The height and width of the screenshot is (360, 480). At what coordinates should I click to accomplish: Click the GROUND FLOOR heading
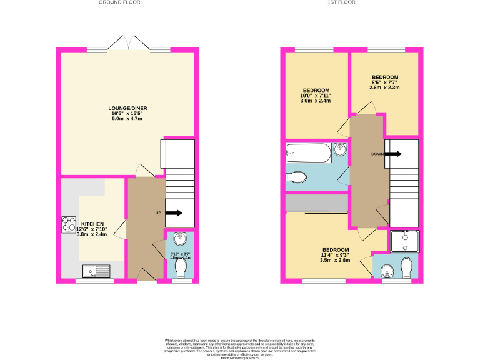tap(119, 2)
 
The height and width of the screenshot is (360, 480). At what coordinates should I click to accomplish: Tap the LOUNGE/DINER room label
tap(127, 108)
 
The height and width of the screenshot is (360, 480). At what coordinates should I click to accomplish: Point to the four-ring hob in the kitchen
tap(67, 225)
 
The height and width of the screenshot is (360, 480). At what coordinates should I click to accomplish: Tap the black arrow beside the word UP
tap(174, 213)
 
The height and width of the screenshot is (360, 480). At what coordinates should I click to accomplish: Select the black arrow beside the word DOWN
tap(393, 153)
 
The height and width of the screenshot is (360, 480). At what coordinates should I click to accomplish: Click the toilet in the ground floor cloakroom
tap(182, 267)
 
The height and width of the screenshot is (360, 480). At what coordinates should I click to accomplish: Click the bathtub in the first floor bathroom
tap(308, 152)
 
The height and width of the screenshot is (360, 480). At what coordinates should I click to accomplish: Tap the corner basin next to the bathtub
tap(340, 150)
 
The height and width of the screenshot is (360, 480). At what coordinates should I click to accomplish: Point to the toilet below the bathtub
tap(297, 177)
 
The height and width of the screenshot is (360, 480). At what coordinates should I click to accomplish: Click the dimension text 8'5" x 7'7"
tap(384, 82)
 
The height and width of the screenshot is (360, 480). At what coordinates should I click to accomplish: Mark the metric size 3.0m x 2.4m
tap(316, 101)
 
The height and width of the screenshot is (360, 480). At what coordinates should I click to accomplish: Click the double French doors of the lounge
tap(128, 44)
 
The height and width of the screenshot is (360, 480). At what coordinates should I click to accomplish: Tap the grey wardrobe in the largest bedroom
tap(316, 204)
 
